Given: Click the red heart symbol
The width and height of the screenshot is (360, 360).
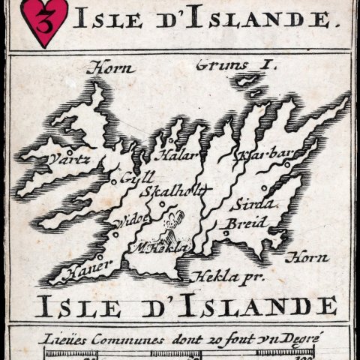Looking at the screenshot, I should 43,21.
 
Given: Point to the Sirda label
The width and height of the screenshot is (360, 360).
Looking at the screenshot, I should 253,204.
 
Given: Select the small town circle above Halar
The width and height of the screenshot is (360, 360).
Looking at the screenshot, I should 171,140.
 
